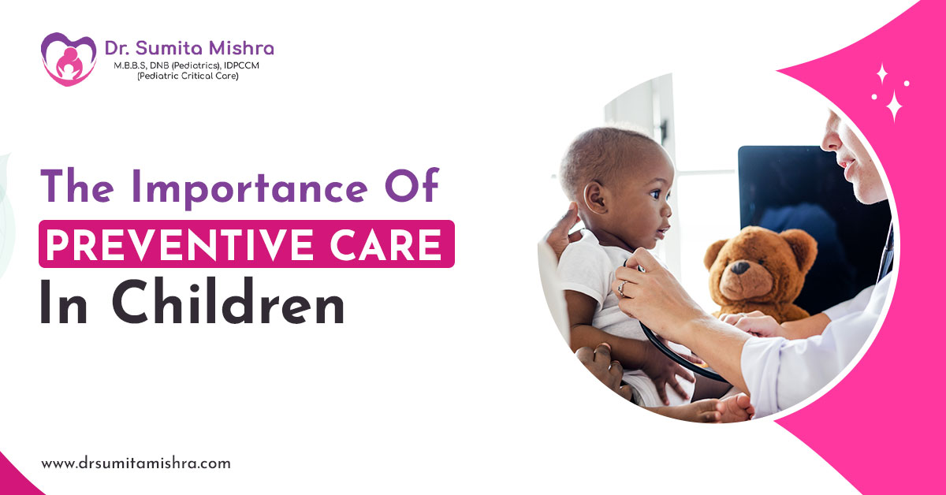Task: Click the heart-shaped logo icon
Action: (68, 59)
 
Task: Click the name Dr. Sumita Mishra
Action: (189, 48)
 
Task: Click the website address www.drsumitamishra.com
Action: (136, 463)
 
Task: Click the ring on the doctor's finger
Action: (621, 288)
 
